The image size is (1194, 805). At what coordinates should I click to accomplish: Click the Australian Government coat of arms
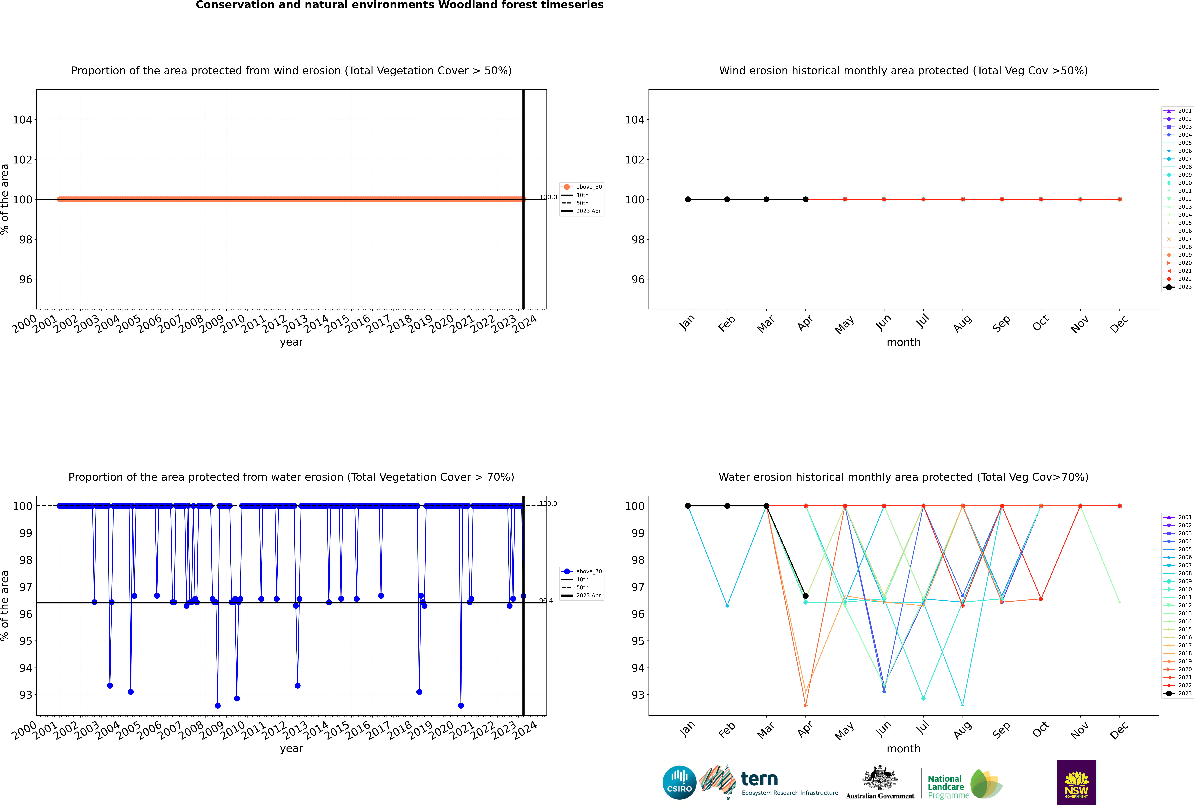click(880, 779)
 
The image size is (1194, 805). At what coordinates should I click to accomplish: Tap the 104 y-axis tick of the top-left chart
click(23, 120)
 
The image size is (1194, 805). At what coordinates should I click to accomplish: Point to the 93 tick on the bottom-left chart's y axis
click(26, 695)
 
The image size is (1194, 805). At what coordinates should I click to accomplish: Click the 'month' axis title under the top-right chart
click(903, 342)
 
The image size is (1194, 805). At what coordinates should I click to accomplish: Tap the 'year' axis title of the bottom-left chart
click(292, 749)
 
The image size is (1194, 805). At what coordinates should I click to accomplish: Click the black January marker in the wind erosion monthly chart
click(688, 199)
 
